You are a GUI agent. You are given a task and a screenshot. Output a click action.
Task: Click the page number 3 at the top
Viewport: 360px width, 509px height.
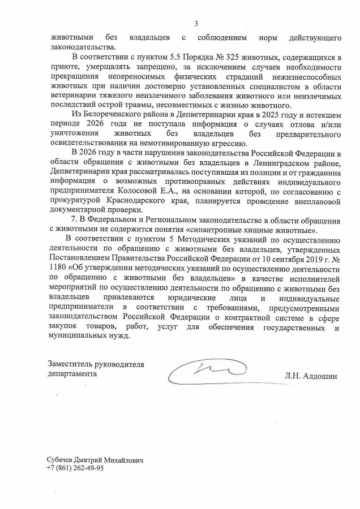tap(196, 24)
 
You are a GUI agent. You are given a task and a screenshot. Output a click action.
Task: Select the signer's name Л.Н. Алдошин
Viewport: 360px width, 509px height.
tap(311, 376)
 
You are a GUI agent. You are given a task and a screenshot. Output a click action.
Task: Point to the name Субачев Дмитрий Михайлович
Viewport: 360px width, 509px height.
tap(96, 460)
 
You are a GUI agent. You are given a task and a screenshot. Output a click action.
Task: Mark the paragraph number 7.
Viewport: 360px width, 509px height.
tap(70, 221)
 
